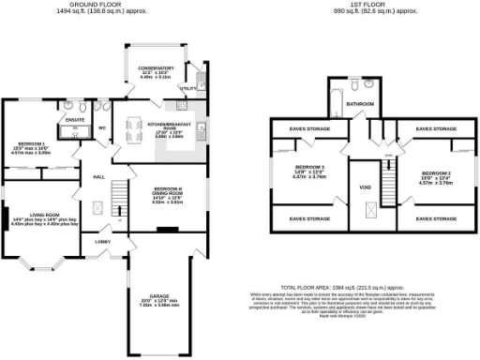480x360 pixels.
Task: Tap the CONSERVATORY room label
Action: click(x=156, y=68)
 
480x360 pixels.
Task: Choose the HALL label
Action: click(x=97, y=176)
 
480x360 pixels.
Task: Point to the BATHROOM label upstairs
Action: click(x=360, y=104)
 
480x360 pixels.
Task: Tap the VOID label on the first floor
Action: click(x=365, y=185)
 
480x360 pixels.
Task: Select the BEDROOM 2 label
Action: click(x=435, y=173)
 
